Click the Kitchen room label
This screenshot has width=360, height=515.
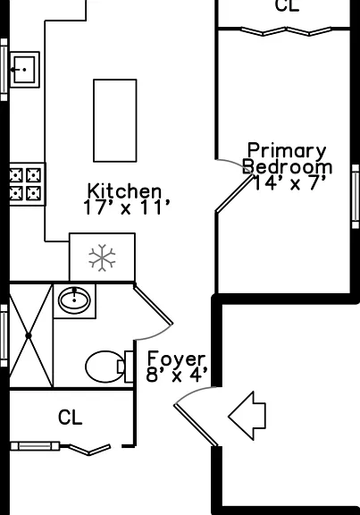[125, 190]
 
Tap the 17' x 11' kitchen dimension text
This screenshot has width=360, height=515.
[127, 207]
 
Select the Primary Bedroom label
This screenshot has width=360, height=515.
[287, 158]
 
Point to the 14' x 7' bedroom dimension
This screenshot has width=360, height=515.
[290, 182]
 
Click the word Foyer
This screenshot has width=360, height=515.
[177, 359]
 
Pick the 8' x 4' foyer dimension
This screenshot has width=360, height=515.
[177, 375]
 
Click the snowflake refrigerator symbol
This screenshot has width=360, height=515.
[102, 257]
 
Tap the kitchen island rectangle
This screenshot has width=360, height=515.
[115, 121]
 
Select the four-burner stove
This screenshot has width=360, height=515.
[26, 184]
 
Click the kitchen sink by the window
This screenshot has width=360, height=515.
[25, 70]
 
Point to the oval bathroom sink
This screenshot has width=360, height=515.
[74, 300]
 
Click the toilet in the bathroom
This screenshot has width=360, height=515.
[109, 367]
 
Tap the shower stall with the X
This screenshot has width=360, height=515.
[30, 335]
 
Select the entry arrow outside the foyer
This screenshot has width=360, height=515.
[247, 416]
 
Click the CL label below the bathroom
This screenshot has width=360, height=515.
[70, 418]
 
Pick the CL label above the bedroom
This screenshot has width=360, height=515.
[288, 6]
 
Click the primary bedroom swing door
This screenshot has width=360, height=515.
[235, 193]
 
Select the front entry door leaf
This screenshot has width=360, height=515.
[196, 425]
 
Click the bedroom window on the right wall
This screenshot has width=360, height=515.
[355, 197]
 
